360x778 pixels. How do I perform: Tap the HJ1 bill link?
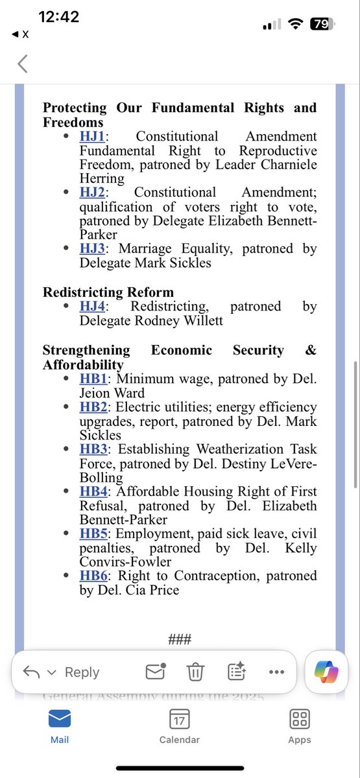93,137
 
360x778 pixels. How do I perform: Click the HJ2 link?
93,193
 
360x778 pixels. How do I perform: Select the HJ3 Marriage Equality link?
93,248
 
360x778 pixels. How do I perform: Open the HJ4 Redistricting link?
93,305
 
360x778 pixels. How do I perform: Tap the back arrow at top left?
23,64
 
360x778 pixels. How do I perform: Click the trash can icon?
195,672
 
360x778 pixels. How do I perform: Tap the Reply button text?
82,672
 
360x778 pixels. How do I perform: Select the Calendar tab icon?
179,718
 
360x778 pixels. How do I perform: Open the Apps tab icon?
300,718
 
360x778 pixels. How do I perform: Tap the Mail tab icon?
60,718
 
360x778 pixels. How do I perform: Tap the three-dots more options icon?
276,672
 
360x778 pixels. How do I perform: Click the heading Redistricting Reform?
108,292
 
